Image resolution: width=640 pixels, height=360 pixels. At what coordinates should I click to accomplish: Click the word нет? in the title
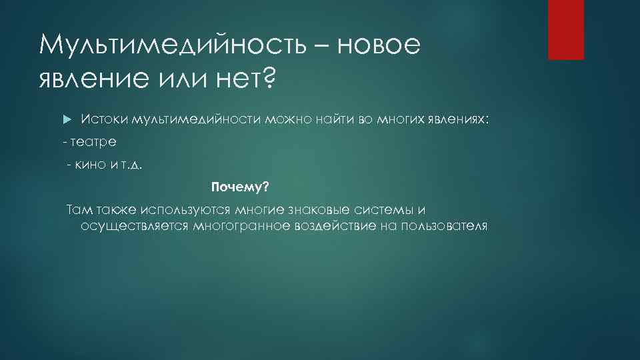[243, 79]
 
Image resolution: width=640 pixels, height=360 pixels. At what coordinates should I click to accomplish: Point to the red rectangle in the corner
[566, 29]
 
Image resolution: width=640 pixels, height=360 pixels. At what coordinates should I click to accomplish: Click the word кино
[93, 165]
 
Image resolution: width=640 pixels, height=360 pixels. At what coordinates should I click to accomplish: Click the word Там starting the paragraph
[77, 210]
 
